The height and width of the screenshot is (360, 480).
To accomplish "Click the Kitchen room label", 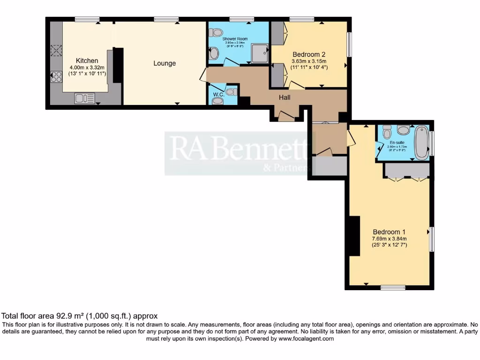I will [87, 60].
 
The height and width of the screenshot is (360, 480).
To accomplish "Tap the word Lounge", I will [165, 63].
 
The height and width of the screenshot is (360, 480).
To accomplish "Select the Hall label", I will [285, 97].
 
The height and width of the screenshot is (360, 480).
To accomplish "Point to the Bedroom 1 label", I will [389, 232].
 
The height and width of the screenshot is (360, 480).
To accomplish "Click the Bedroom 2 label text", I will [309, 54].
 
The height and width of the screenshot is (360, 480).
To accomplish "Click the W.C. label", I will [217, 94].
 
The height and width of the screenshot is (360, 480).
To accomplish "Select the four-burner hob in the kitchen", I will [56, 76].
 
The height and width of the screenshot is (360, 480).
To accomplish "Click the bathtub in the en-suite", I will [422, 142].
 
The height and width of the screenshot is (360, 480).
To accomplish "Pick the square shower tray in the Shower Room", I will [260, 53].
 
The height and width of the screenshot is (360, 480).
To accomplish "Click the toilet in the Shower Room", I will [216, 33].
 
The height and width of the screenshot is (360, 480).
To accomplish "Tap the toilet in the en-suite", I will [387, 132].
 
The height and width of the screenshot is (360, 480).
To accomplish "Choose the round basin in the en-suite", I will [403, 130].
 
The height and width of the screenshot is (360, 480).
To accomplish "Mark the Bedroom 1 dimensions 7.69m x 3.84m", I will [389, 239].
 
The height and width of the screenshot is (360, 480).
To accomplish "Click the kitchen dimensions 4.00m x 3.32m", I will [87, 67].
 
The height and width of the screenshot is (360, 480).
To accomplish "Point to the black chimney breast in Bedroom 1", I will [354, 236].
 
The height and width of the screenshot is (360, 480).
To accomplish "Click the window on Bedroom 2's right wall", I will [349, 44].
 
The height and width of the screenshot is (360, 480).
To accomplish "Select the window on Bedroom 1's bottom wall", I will [393, 287].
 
